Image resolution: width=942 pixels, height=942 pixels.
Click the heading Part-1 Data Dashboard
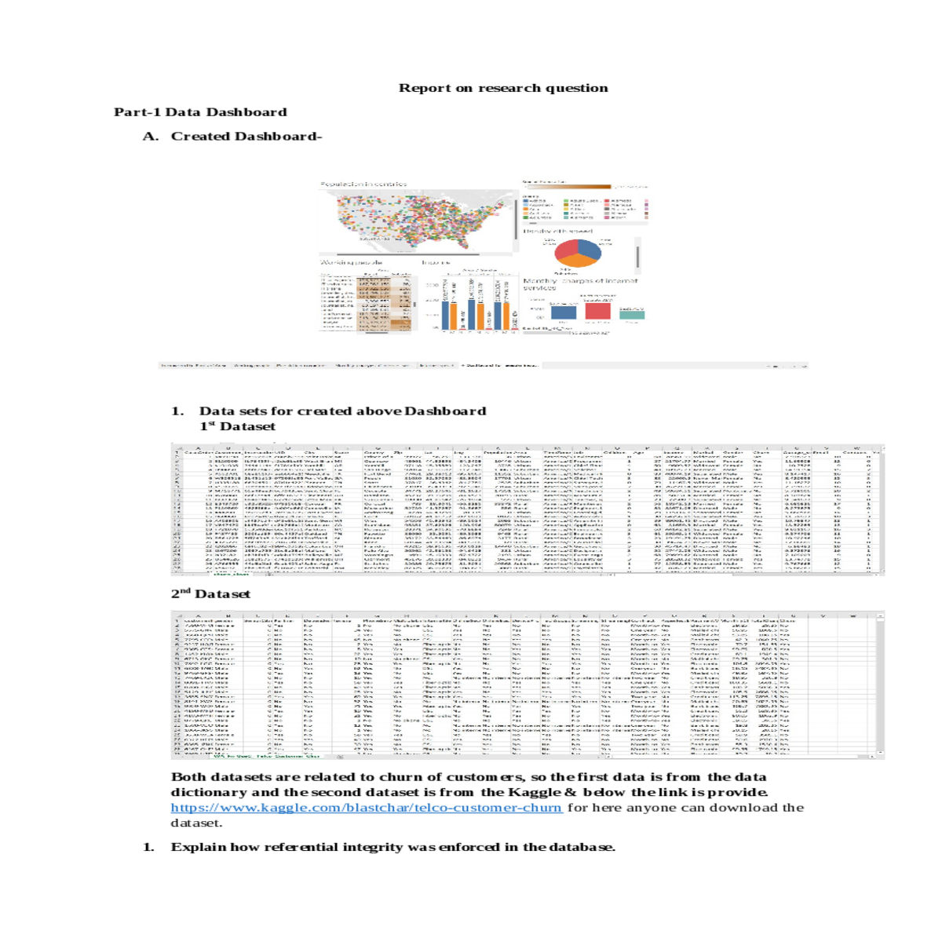200,112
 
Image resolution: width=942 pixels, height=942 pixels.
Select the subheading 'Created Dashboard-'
246,137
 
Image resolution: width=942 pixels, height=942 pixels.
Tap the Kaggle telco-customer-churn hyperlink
367,808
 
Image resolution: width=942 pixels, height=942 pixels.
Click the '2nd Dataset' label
210,594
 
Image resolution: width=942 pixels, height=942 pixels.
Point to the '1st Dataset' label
237,426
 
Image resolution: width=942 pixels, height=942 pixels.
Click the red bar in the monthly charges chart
597,310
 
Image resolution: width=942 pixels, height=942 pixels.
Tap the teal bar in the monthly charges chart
631,315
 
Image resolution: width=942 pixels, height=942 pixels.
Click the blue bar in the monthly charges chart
563,312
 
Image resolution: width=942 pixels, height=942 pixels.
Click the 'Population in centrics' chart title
363,184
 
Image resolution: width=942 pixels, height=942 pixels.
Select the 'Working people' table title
351,262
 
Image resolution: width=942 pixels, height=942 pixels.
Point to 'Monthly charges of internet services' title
580,283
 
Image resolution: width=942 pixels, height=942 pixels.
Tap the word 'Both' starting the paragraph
188,777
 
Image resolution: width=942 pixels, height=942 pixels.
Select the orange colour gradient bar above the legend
566,187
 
